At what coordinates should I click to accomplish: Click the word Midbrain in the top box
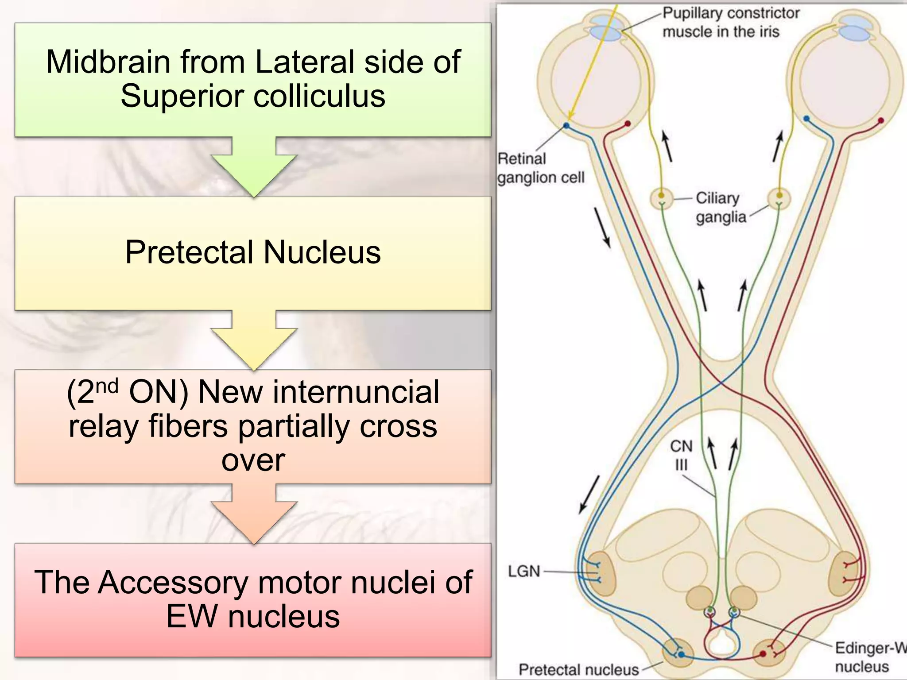106,62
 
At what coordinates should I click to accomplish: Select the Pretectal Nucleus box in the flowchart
253,253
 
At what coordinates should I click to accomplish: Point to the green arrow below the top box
254,168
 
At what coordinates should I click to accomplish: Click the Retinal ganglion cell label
540,168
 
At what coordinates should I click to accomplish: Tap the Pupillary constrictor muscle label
731,22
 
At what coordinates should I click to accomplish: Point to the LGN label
524,571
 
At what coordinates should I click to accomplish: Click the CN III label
681,455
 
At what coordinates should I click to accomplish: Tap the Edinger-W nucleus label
868,657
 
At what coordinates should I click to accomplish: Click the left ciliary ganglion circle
662,198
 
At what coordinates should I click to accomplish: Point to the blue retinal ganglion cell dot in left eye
566,126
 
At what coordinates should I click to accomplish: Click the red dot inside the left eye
627,124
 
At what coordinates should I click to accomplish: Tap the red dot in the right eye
881,120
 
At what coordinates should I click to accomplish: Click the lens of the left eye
604,29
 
